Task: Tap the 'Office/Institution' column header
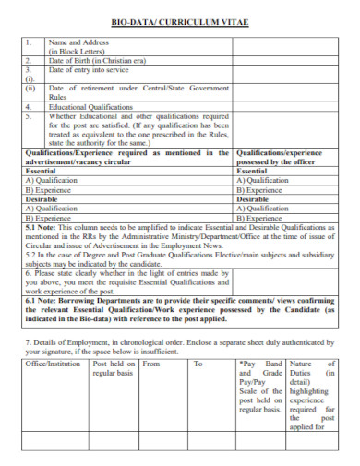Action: (x=54, y=364)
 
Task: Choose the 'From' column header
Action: (x=152, y=364)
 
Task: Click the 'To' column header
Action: (x=198, y=364)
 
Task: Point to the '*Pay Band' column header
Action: (x=262, y=364)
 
